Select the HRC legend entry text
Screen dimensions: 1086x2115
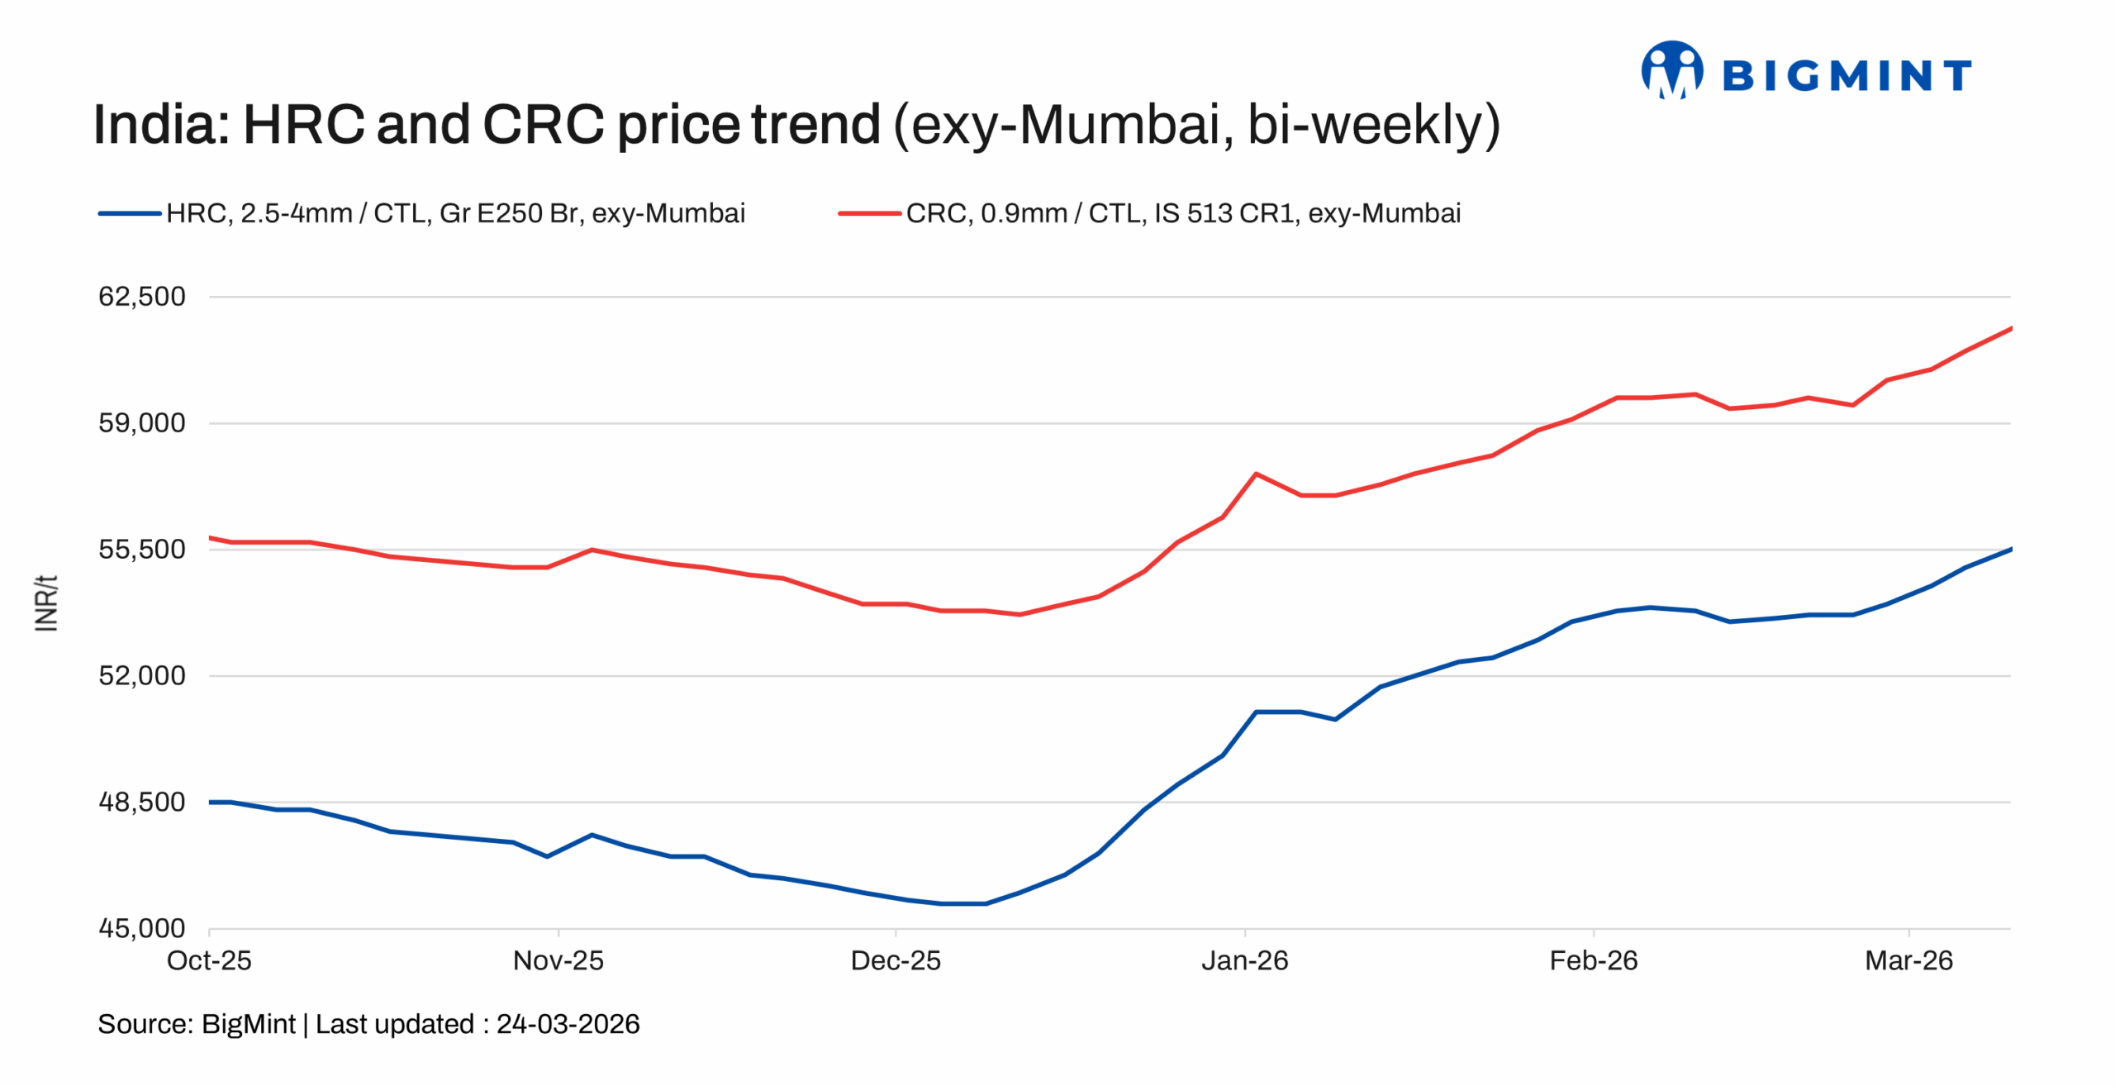pos(455,213)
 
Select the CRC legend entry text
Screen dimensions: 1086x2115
pos(1182,213)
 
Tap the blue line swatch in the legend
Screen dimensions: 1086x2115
pos(130,213)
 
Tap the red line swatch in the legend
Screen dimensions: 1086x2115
pos(869,213)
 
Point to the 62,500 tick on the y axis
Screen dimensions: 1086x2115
pos(142,296)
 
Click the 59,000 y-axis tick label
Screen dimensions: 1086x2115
pos(142,422)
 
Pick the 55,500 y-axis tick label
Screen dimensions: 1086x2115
pos(142,549)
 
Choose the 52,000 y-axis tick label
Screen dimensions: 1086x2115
pos(142,675)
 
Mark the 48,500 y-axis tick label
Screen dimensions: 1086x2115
pos(142,802)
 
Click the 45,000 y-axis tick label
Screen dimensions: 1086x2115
pos(142,928)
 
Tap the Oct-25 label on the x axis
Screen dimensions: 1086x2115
pos(209,960)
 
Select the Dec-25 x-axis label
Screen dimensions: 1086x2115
pos(896,960)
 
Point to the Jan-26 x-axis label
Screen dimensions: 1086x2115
pos(1244,960)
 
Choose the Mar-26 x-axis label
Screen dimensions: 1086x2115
pos(1908,960)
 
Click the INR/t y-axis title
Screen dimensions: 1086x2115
pos(46,603)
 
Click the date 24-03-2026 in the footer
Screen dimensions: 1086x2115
pos(568,1024)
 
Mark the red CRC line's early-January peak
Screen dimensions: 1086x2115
pos(1255,474)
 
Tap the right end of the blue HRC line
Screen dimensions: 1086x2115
pos(2009,549)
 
